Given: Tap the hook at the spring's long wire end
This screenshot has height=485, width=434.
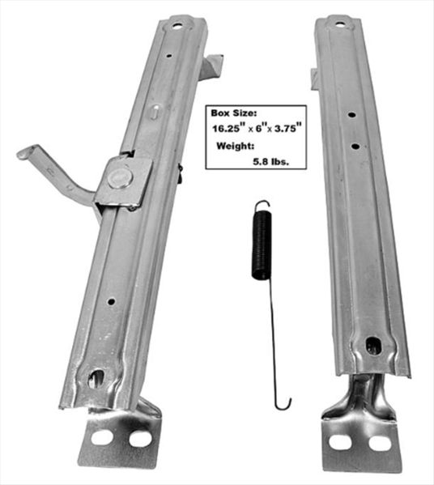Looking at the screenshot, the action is click(283, 404).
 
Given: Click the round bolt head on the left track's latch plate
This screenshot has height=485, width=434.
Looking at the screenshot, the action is click(120, 179).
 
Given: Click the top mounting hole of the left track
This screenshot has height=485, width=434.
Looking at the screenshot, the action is click(177, 26).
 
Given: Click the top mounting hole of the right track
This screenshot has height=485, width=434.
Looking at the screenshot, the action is click(340, 24).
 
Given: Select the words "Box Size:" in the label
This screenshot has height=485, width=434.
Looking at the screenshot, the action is click(233, 113).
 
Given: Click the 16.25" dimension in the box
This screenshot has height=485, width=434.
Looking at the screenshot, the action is click(226, 128).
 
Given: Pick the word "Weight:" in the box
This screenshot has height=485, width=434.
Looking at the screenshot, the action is click(236, 146).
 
